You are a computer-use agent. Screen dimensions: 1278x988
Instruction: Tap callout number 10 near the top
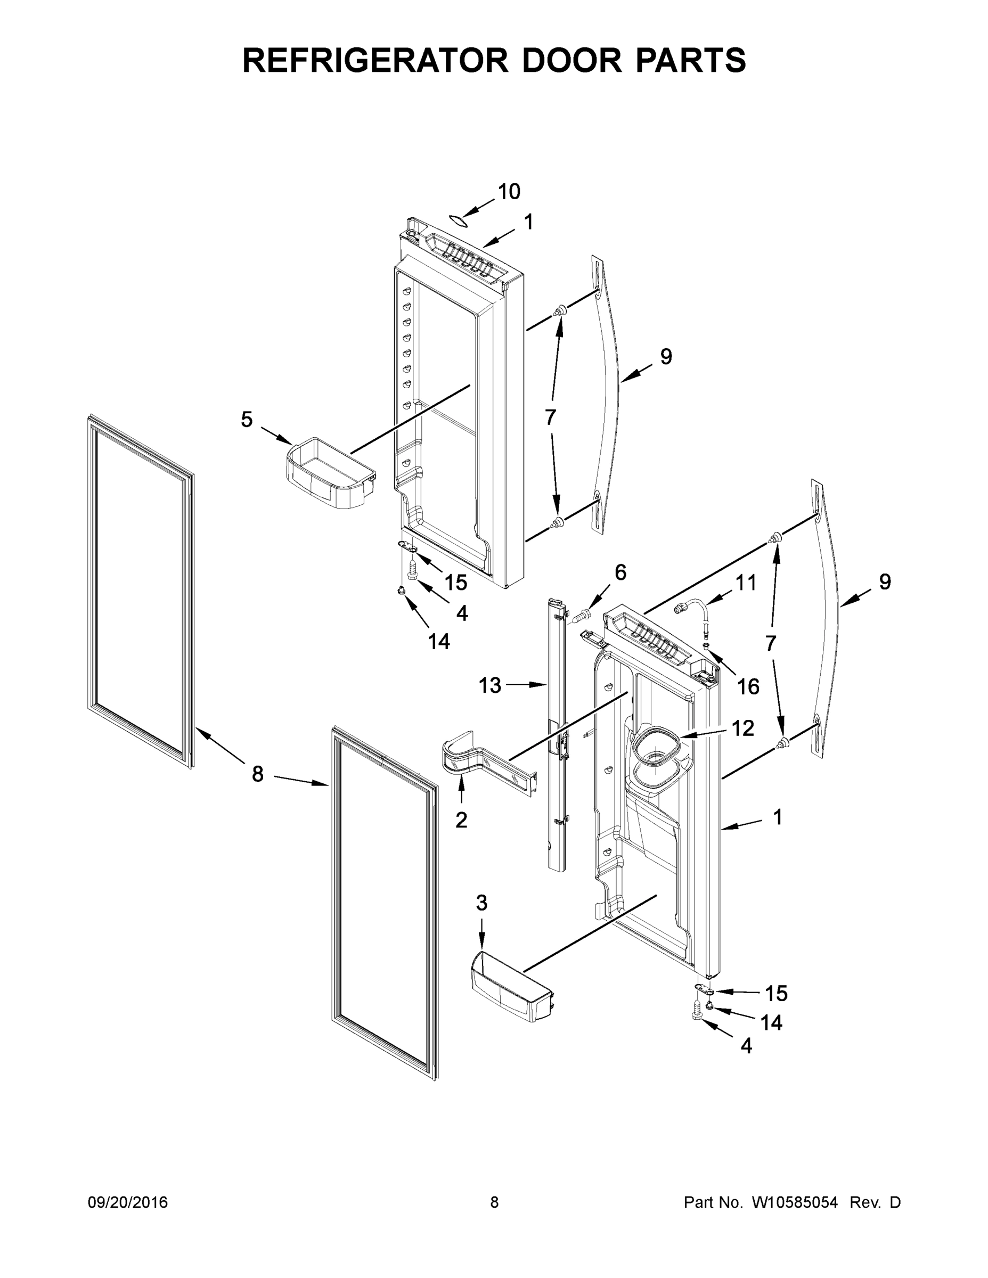point(509,191)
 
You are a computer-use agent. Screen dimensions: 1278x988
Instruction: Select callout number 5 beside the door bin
point(247,419)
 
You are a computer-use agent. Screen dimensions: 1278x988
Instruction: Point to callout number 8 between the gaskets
point(258,774)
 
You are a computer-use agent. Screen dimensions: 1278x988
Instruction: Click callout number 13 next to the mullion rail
point(490,685)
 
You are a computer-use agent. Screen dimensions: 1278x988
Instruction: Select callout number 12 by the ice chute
point(742,728)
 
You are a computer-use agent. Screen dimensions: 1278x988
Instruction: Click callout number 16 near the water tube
point(748,686)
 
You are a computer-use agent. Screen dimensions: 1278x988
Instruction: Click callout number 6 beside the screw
point(620,572)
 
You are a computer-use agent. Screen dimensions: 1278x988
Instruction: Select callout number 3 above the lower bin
point(481,903)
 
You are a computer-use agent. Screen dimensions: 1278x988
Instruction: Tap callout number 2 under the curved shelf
point(461,820)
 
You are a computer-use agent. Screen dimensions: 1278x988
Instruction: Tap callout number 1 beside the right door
point(777,817)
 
